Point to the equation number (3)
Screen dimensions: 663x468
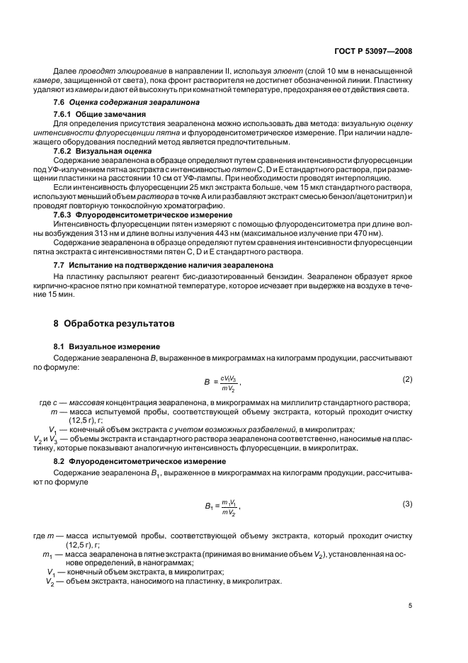pos(407,503)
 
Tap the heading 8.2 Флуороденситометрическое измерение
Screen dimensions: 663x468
pos(136,461)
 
